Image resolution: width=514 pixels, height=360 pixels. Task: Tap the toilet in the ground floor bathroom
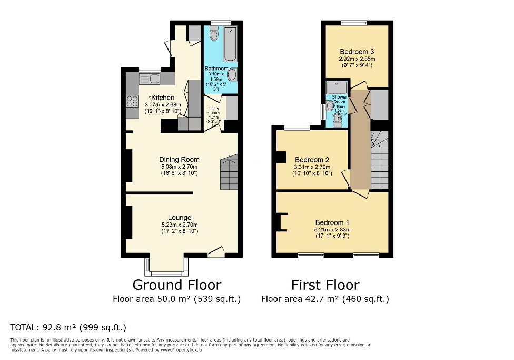tap(213, 35)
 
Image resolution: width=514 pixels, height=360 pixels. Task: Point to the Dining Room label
tap(180, 160)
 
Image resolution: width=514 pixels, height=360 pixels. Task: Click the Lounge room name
tap(180, 218)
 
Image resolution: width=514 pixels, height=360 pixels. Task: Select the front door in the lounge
tap(215, 252)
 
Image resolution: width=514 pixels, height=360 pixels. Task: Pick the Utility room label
tap(213, 109)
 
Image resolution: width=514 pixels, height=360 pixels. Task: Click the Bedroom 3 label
tap(357, 52)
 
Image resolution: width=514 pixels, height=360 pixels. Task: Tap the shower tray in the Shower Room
tap(333, 87)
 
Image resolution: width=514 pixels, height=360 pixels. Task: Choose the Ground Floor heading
tap(176, 285)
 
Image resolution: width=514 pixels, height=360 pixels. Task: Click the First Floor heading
tap(325, 285)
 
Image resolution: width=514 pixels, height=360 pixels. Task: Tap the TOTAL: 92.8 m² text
tap(68, 327)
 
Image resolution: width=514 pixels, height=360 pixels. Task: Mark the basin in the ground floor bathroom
tap(232, 75)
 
